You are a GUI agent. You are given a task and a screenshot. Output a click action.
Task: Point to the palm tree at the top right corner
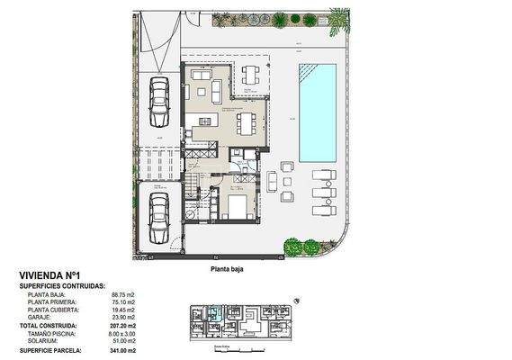338,20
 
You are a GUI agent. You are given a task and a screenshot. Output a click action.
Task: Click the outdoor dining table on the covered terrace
249,75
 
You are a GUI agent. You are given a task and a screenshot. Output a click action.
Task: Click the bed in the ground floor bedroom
238,208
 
